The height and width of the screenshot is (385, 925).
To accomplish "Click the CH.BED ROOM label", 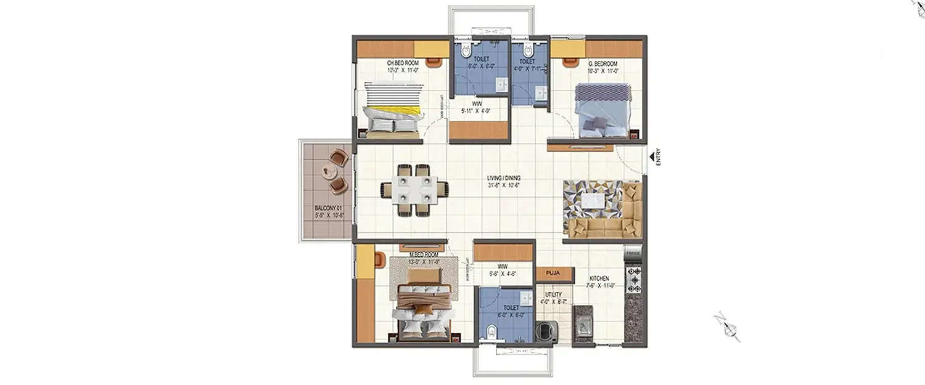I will coord(403,63).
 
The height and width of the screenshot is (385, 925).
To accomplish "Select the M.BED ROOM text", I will coord(424,254).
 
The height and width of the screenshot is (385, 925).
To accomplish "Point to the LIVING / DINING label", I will coord(503,178).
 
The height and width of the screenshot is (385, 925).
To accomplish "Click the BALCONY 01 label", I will coord(327,208).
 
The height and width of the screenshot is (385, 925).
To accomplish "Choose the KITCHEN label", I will coord(599,278).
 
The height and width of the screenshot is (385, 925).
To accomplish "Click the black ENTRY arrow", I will coord(651,158).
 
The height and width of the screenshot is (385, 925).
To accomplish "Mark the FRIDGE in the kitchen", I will coord(633,253).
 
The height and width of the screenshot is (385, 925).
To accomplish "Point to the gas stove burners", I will coord(634,280).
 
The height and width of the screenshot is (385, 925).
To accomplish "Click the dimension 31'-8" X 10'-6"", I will coord(503,185).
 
